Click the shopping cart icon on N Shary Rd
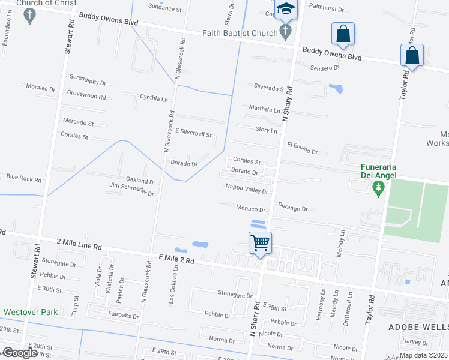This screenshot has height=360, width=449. [x=261, y=243]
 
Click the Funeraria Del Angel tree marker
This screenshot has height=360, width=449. [x=378, y=190]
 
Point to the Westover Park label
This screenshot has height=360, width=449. [x=30, y=312]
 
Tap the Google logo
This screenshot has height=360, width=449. [x=19, y=353]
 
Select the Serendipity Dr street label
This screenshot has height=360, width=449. [x=88, y=83]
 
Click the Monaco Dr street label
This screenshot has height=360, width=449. [x=250, y=209]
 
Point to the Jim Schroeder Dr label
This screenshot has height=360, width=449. [x=131, y=190]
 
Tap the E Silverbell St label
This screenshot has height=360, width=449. [x=193, y=133]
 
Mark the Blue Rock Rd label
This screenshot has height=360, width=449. [x=24, y=178]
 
